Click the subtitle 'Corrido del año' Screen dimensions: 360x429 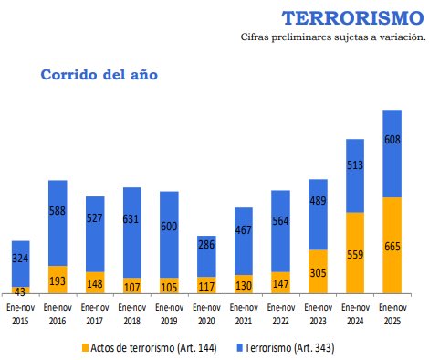click(99, 74)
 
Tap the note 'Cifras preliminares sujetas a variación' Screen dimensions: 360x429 click(333, 37)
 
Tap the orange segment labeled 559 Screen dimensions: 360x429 click(355, 252)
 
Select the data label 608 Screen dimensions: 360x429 click(392, 140)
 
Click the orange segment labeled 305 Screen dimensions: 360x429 click(318, 271)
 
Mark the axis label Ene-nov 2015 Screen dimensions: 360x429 click(20, 314)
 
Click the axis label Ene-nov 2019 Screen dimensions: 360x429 click(169, 314)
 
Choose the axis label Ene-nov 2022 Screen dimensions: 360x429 click(280, 314)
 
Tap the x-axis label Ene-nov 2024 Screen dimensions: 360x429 click(355, 314)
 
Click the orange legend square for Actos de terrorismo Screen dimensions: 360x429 click(86, 348)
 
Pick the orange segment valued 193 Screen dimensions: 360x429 click(58, 280)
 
